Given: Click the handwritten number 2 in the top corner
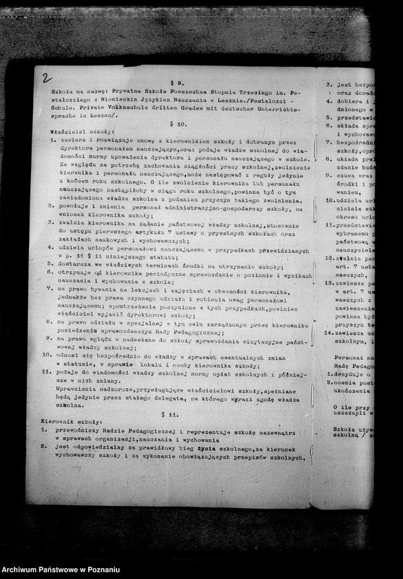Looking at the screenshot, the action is tap(46, 78).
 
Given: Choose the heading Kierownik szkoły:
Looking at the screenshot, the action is tap(72, 421).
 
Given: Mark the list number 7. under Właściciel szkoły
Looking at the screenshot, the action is tap(51, 289).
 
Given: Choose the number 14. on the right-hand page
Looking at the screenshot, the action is tap(330, 332).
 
